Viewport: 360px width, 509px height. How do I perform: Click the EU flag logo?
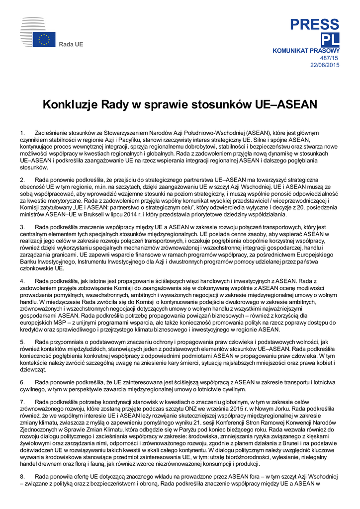[44, 39]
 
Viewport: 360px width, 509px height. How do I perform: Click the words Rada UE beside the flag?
[71, 45]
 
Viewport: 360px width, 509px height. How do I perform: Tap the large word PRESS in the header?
[315, 24]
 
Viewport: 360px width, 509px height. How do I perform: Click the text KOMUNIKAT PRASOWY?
[306, 51]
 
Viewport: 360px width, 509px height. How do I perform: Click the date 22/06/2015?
[325, 65]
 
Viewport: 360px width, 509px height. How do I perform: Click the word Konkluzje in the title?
[71, 105]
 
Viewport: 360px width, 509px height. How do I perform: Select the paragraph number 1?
[22, 133]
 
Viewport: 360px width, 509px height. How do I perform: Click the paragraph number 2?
[22, 179]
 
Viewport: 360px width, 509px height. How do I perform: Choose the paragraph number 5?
[22, 342]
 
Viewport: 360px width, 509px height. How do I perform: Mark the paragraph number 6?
[22, 382]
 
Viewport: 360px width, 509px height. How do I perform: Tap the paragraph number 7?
[22, 401]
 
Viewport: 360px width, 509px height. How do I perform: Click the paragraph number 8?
[22, 476]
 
